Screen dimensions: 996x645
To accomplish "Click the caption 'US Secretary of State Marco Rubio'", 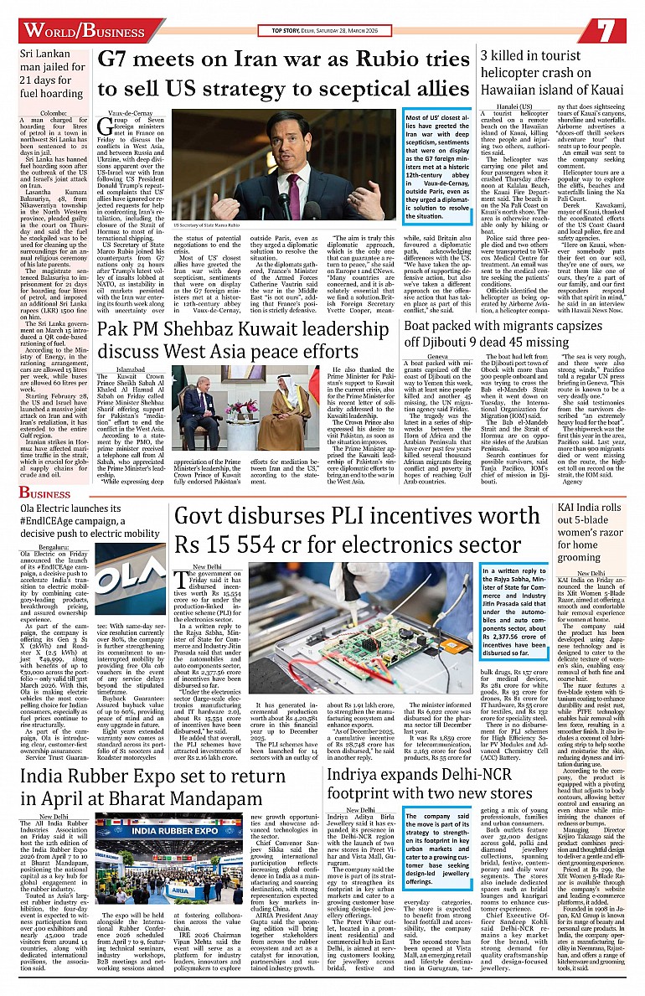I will click(211, 225).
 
